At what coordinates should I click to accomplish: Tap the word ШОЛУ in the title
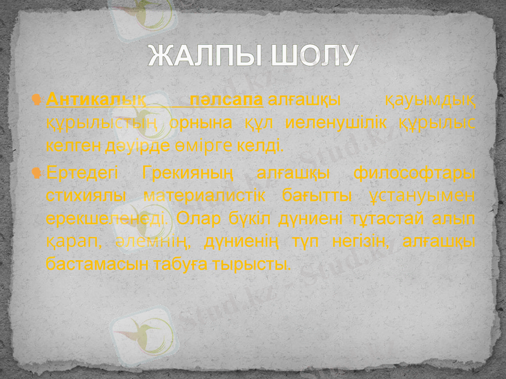coord(314,56)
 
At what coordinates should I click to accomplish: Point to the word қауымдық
coord(431,100)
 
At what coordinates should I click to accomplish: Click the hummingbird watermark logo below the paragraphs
coord(142,329)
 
